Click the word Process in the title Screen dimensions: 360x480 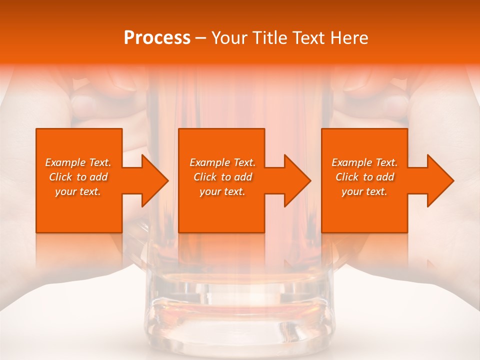157,38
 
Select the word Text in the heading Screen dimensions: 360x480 308,38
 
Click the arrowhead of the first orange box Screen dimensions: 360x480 153,180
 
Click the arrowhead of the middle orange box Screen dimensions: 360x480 295,180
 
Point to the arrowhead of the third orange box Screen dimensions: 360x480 438,180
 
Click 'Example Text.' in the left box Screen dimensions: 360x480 78,162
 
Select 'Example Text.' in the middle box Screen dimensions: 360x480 222,162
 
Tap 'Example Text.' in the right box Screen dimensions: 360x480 364,162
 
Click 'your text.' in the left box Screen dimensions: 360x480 78,191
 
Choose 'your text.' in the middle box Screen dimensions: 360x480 222,191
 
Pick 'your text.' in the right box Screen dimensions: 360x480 364,191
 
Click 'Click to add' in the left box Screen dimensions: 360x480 78,177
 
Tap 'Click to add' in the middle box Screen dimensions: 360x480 222,177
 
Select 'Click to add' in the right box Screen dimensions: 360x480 364,177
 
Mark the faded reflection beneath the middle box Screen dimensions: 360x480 222,250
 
